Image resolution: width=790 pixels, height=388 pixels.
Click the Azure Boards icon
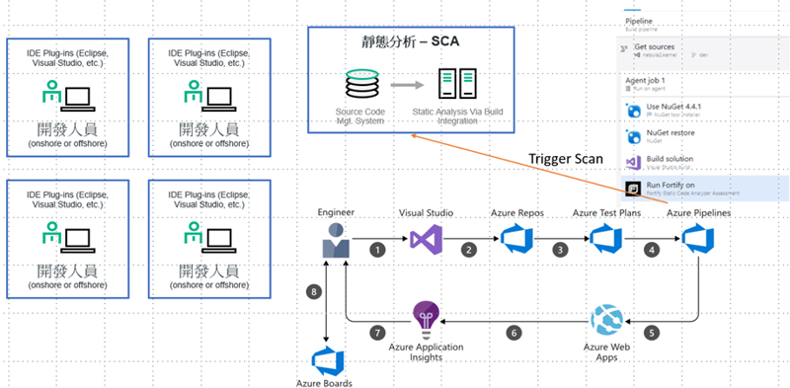(x=326, y=360)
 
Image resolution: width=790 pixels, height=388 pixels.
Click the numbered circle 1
(x=376, y=250)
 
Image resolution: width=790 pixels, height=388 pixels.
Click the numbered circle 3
(x=561, y=250)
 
